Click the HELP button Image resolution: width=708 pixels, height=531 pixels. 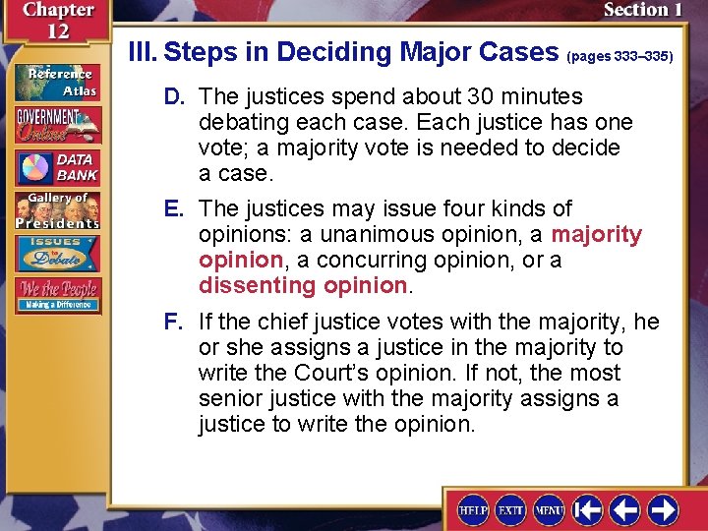coord(474,509)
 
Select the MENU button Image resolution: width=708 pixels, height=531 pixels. coord(549,509)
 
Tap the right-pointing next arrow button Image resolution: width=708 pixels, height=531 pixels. coord(662,509)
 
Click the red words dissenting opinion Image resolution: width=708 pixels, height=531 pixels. coord(302,285)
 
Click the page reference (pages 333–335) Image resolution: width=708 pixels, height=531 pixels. coord(619,57)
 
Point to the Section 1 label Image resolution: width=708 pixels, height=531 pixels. coord(643,10)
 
